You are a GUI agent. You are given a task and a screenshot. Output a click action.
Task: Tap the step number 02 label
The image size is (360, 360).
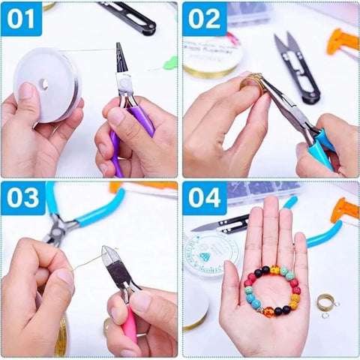[x=204, y=19]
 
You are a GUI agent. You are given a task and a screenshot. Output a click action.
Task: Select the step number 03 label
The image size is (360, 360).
[x=22, y=199]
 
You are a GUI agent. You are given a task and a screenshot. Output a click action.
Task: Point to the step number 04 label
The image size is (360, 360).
[x=204, y=199]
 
